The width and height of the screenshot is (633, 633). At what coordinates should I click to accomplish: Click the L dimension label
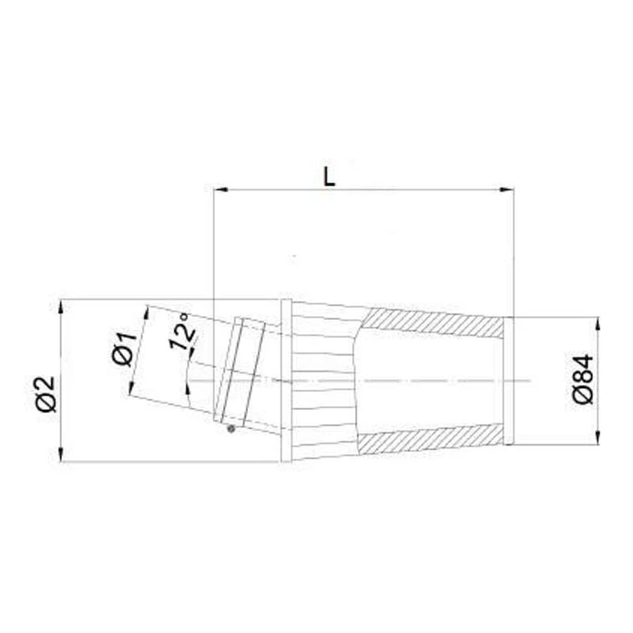pyautogui.click(x=330, y=177)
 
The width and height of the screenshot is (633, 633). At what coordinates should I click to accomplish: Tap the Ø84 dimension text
pyautogui.click(x=584, y=379)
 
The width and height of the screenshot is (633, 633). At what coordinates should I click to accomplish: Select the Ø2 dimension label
pyautogui.click(x=46, y=394)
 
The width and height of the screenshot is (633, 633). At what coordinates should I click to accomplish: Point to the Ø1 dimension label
pyautogui.click(x=125, y=350)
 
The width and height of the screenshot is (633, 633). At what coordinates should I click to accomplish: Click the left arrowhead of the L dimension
pyautogui.click(x=220, y=189)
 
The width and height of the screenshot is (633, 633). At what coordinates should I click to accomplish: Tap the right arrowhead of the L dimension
pyautogui.click(x=506, y=189)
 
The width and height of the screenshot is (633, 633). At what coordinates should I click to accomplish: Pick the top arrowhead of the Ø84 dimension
pyautogui.click(x=597, y=324)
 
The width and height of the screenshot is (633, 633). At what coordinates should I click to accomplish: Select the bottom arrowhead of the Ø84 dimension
pyautogui.click(x=597, y=437)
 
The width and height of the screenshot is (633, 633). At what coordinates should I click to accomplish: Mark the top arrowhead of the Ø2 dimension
pyautogui.click(x=61, y=307)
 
